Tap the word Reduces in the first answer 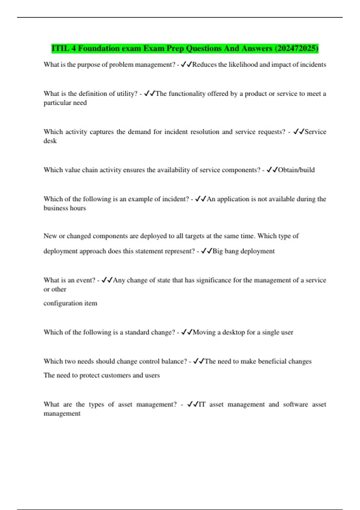204,65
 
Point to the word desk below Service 50,141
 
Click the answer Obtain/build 296,170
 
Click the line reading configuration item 70,303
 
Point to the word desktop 233,332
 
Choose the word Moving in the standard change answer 204,332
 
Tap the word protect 90,375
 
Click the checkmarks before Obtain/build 272,170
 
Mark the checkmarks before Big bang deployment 206,251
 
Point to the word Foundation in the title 99,49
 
